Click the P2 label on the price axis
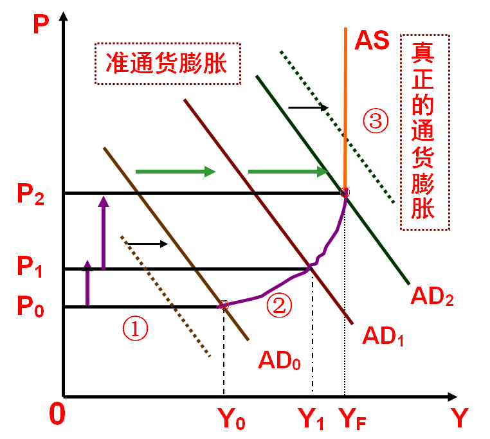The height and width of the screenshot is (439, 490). tap(32, 195)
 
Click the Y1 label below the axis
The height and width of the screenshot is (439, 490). tap(312, 419)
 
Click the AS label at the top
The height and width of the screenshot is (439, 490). tap(372, 40)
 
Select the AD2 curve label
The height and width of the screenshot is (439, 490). tap(432, 297)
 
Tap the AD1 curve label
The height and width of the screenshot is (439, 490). tap(383, 335)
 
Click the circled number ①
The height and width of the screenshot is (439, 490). tap(136, 329)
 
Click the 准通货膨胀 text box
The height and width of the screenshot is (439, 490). tap(167, 64)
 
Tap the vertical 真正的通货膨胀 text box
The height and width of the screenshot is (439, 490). tap(424, 132)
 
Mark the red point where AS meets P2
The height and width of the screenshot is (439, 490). tap(345, 192)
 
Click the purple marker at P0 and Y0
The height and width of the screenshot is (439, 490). tap(224, 305)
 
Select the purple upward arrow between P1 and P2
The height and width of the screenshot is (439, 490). tap(103, 231)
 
